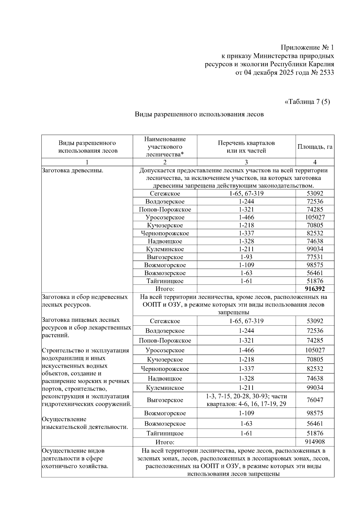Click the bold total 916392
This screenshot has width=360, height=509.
[315, 289]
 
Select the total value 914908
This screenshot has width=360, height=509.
[315, 442]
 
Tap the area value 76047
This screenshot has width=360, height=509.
[315, 400]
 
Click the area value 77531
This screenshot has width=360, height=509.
[315, 257]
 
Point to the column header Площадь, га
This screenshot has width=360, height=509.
[315, 147]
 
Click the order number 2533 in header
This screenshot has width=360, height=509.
[325, 72]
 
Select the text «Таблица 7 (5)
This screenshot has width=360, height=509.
[307, 102]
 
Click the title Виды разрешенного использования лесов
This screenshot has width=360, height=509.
[199, 114]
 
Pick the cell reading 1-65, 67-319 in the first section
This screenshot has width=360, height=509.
[246, 193]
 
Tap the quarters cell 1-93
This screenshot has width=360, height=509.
[246, 257]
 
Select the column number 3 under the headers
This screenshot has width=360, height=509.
[246, 162]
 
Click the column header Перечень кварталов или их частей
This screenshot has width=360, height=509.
[246, 147]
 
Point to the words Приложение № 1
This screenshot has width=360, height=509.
[307, 47]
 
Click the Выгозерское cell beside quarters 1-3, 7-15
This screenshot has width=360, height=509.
[165, 400]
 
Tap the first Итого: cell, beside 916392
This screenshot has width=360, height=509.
[165, 289]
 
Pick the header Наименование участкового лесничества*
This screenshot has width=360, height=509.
[165, 147]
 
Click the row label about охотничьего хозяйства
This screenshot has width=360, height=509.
[75, 458]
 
